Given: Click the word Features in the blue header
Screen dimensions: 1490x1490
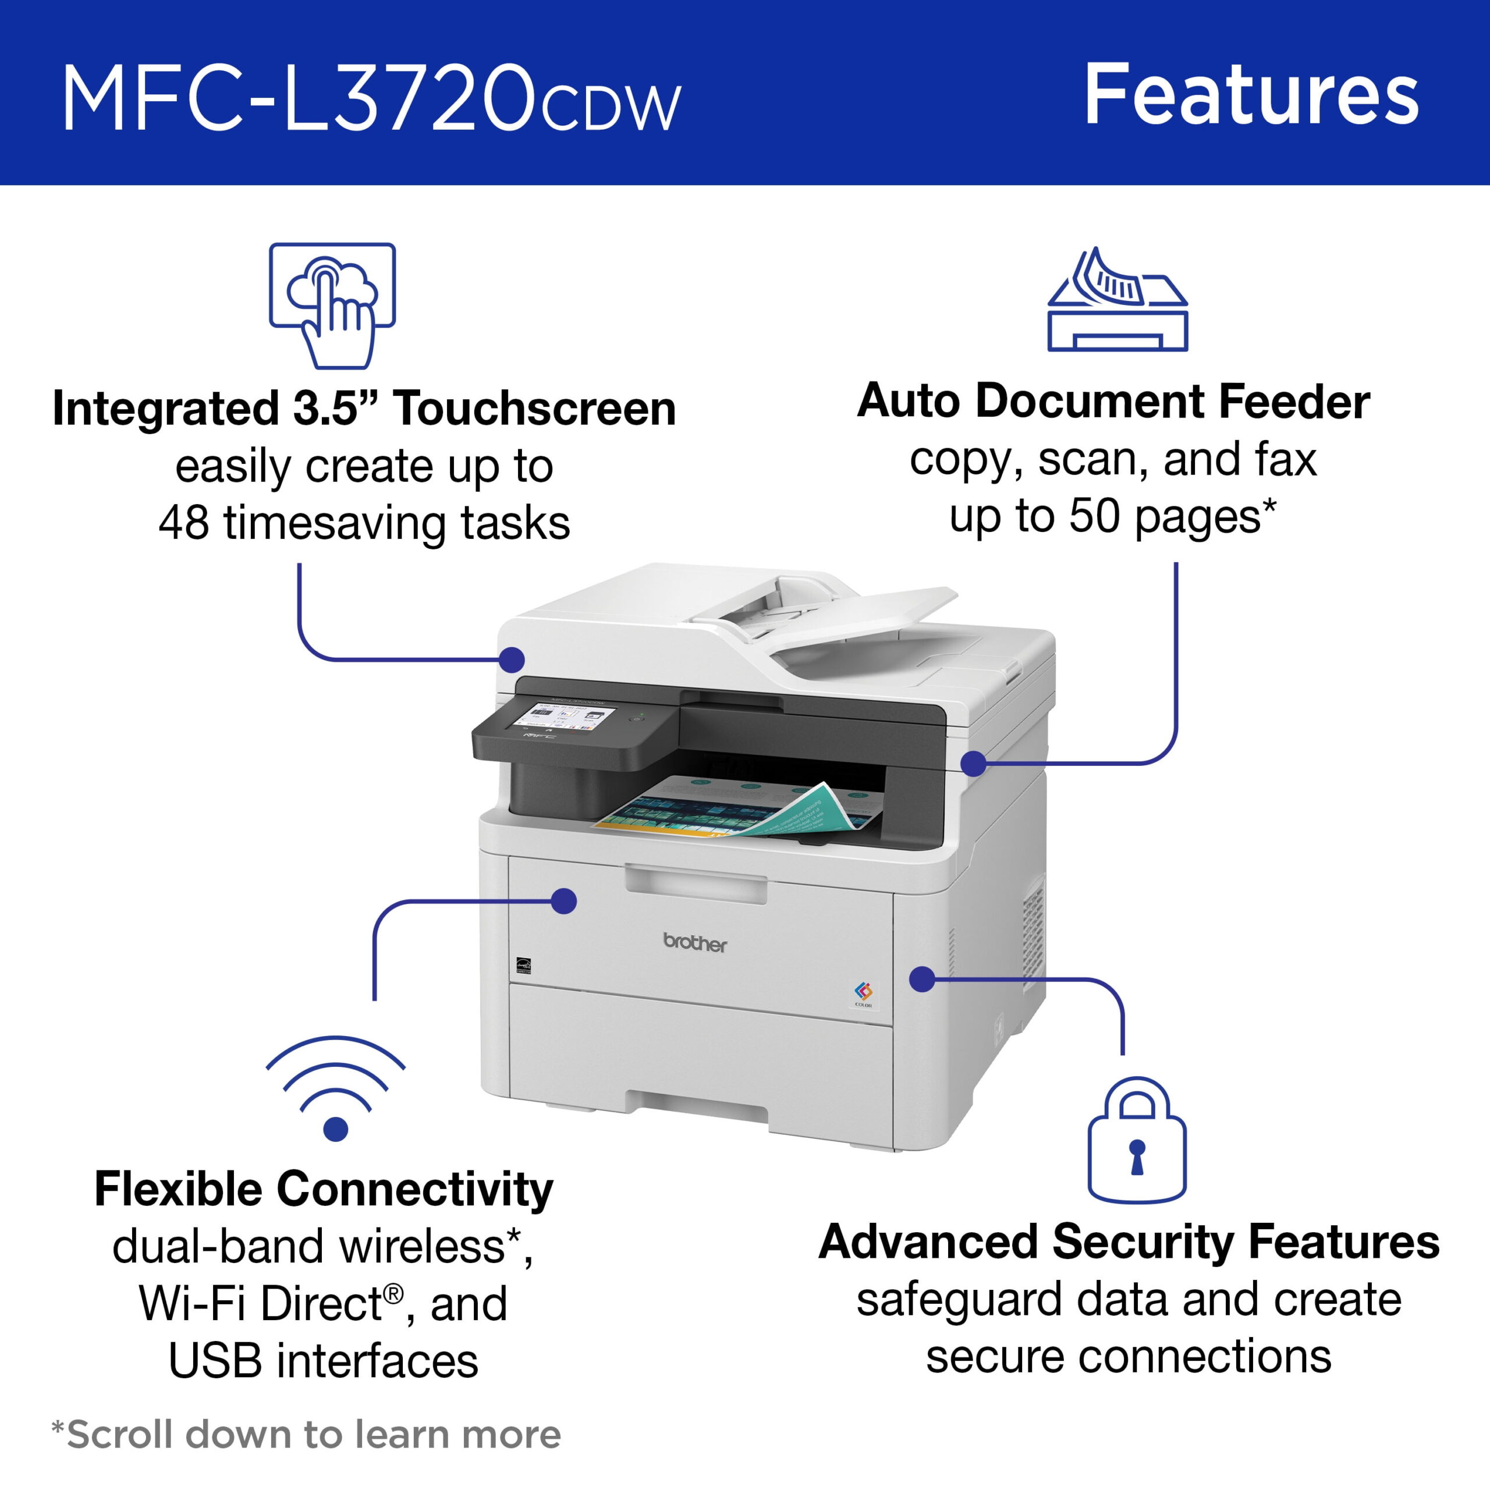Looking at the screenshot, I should pos(1251,95).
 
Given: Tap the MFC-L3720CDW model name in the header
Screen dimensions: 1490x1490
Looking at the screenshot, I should pos(372,100).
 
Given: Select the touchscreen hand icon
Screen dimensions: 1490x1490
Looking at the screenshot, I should pos(332,306).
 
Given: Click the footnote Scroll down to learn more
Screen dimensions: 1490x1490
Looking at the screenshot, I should pos(306,1435).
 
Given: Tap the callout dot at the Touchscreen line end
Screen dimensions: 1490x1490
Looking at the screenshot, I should pos(512,660).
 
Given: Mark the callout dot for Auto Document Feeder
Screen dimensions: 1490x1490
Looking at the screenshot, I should pos(974,764).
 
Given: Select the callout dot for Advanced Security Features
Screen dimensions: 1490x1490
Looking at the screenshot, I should pos(923,980).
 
